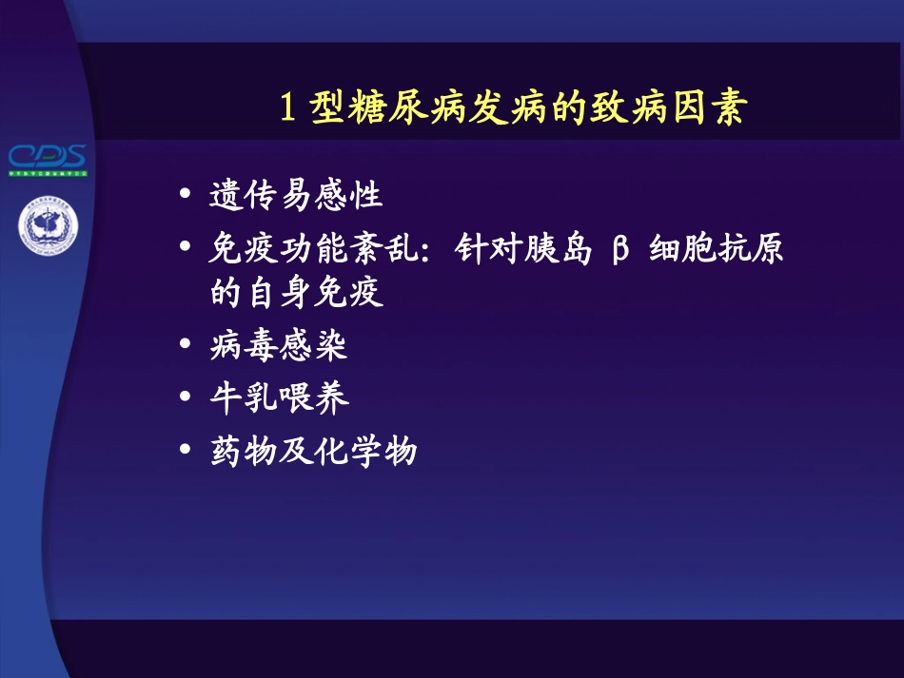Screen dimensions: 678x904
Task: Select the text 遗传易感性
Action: coord(296,196)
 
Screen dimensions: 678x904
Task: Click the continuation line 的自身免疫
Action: coord(296,293)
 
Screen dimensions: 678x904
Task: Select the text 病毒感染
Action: coord(279,345)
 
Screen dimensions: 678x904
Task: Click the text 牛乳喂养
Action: coord(279,397)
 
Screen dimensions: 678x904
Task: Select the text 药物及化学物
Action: coord(313,450)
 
